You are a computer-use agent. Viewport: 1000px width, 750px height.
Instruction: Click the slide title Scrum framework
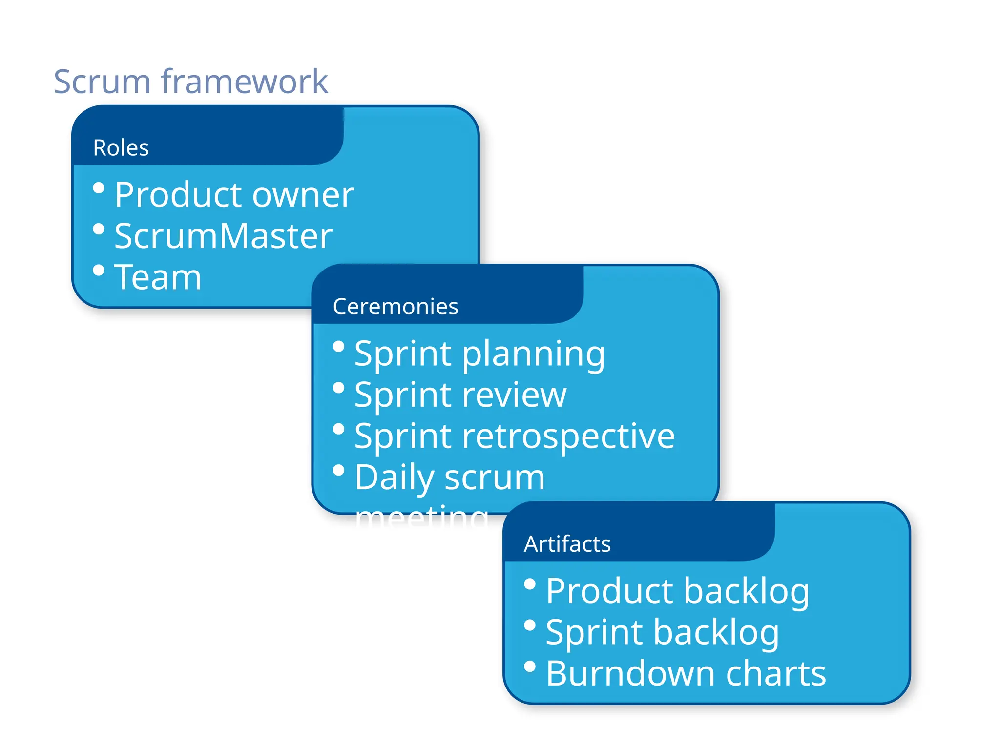(190, 81)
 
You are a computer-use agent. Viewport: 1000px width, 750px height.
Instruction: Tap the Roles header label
(121, 147)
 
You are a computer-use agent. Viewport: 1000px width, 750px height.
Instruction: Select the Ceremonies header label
(395, 307)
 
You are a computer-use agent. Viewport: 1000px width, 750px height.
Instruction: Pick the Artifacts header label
(567, 544)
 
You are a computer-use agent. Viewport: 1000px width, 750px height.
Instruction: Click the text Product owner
(234, 195)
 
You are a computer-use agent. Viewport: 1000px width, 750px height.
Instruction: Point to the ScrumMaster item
(223, 236)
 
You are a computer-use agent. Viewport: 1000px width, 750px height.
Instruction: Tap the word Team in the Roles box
(157, 277)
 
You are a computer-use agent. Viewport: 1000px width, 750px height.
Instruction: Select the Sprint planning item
(479, 354)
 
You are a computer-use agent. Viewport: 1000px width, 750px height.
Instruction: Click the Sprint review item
(460, 395)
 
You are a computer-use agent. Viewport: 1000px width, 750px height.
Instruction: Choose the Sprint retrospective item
(514, 436)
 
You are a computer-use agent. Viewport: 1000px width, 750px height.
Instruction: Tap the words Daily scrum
(449, 478)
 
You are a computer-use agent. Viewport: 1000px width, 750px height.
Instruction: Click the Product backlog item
(677, 591)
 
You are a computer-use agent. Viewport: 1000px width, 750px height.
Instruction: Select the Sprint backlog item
(662, 632)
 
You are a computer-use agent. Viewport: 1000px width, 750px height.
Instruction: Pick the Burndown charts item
(686, 674)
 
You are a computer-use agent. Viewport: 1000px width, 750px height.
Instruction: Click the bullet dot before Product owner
(99, 188)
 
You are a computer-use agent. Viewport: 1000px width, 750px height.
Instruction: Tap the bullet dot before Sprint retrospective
(338, 429)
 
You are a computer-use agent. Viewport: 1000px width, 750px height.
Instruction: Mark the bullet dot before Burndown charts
(530, 667)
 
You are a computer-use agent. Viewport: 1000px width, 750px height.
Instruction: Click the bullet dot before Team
(99, 270)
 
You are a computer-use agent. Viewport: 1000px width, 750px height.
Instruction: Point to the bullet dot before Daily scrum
(338, 470)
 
